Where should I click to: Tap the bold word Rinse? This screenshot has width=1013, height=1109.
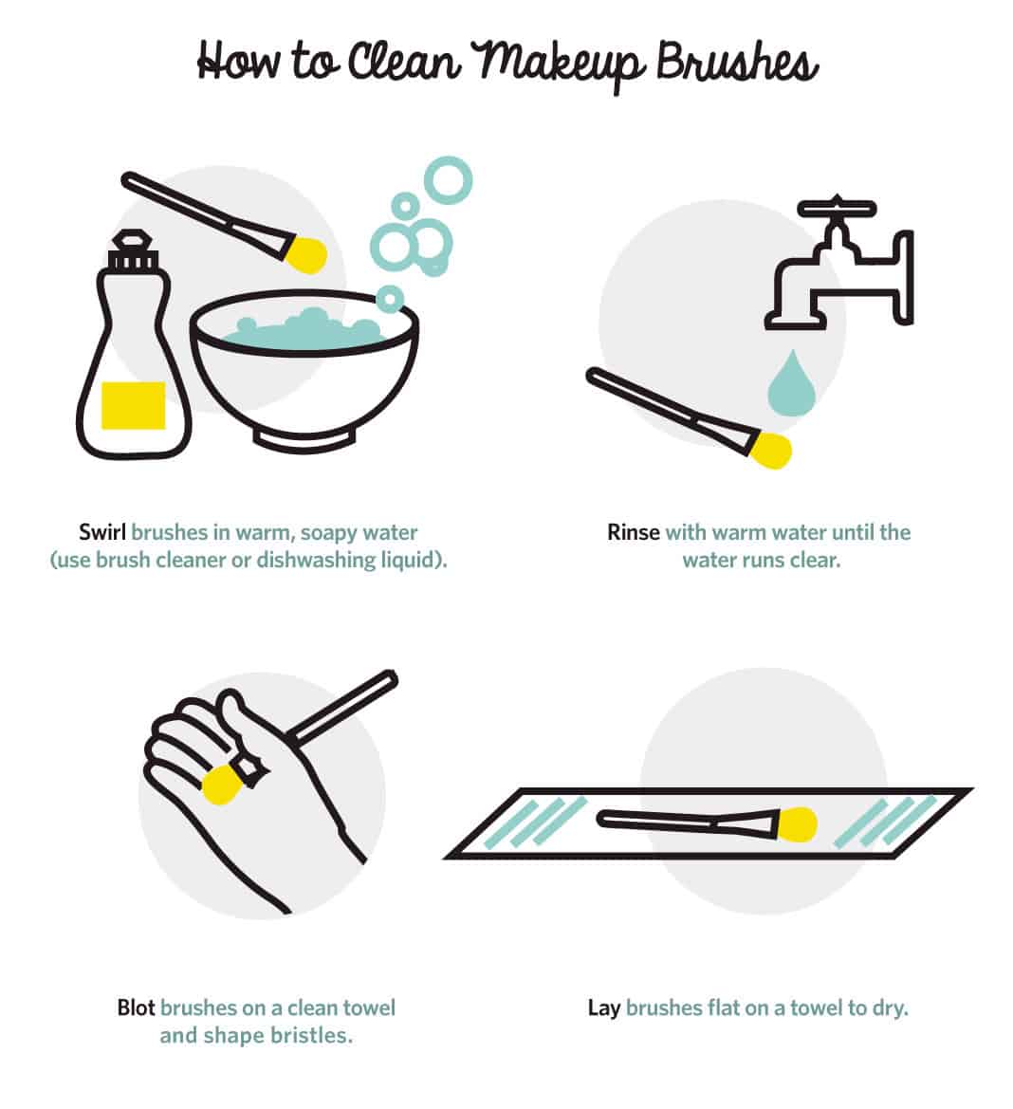click(633, 532)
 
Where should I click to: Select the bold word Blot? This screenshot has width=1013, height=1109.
click(136, 1007)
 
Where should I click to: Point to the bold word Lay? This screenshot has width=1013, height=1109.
click(603, 1007)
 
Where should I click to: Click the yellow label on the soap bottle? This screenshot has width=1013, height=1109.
click(133, 404)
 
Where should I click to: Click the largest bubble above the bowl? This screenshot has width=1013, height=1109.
click(448, 180)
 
